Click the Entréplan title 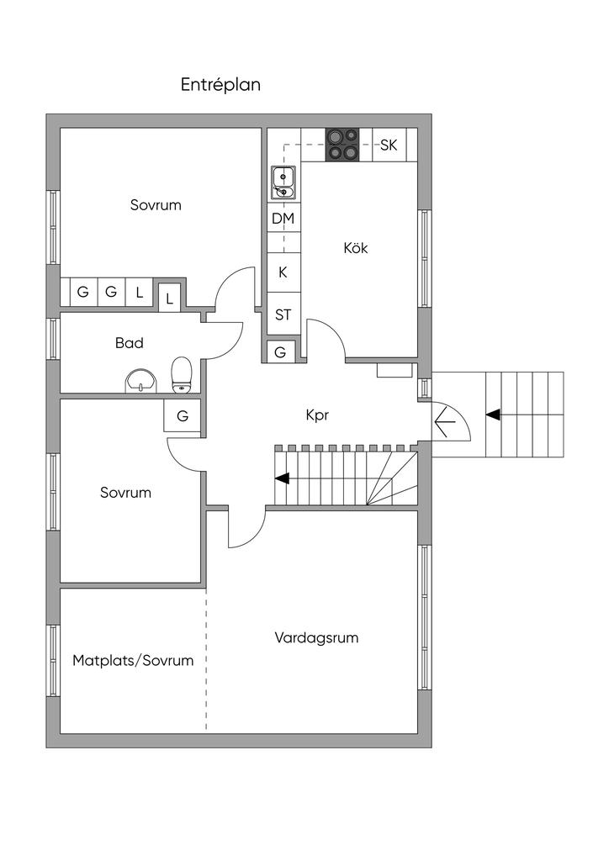pos(220,85)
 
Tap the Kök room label pos(356,248)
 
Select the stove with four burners pos(342,145)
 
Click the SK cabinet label pos(389,145)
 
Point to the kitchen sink pos(283,182)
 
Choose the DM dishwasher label pos(283,219)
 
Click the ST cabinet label pos(283,315)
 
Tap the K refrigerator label pos(283,272)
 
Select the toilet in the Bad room pos(182,375)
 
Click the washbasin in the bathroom pos(141,381)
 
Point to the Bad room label pos(130,343)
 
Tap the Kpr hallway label pos(317,415)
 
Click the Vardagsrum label pos(316,637)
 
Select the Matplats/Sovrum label pos(133,660)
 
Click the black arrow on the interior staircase pos(283,478)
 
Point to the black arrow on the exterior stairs pos(493,415)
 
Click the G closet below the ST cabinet pos(281,352)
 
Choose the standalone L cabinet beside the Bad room pos(170,299)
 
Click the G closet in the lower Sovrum pos(183,415)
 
